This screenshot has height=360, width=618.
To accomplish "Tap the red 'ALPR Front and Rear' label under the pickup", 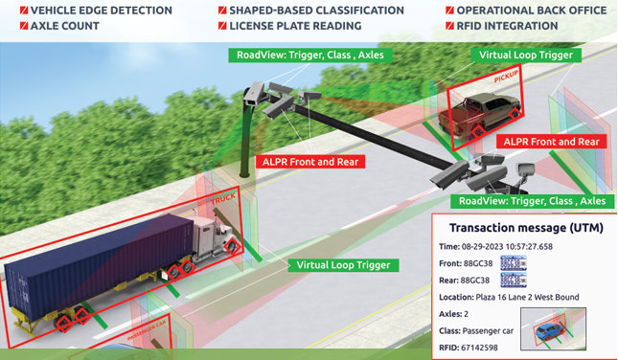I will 552,142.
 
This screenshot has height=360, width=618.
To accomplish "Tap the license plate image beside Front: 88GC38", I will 514,263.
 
